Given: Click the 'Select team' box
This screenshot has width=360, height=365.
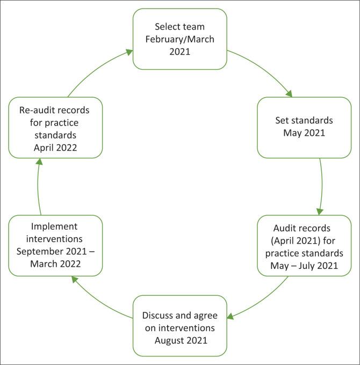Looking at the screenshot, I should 179,38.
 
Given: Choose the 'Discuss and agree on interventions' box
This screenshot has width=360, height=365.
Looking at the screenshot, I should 179,325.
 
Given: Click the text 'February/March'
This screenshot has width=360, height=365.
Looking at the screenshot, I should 179,38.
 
